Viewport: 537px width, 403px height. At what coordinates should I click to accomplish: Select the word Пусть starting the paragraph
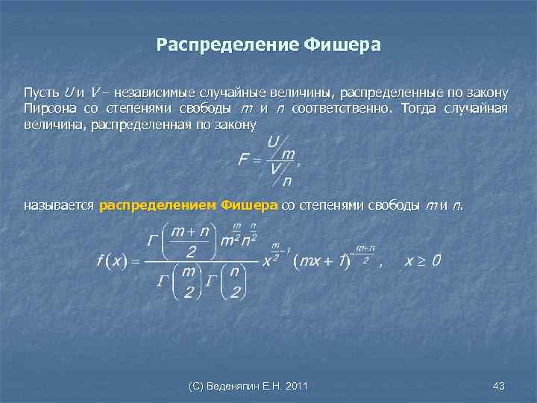(41, 93)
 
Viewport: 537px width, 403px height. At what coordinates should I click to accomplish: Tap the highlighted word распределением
(157, 204)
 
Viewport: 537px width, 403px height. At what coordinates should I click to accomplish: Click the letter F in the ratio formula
(244, 160)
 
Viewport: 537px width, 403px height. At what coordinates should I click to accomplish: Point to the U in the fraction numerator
(273, 141)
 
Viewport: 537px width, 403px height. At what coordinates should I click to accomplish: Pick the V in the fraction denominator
(275, 169)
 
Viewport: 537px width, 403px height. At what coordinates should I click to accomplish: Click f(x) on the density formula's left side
(113, 260)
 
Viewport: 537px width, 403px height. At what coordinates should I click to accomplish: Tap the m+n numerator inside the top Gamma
(189, 232)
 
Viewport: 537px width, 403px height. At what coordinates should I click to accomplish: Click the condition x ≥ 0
(423, 260)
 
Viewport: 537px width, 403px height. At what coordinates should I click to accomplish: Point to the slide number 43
(499, 386)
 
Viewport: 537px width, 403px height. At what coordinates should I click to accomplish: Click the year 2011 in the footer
(295, 386)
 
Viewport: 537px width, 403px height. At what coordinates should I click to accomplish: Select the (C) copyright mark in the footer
(196, 386)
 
